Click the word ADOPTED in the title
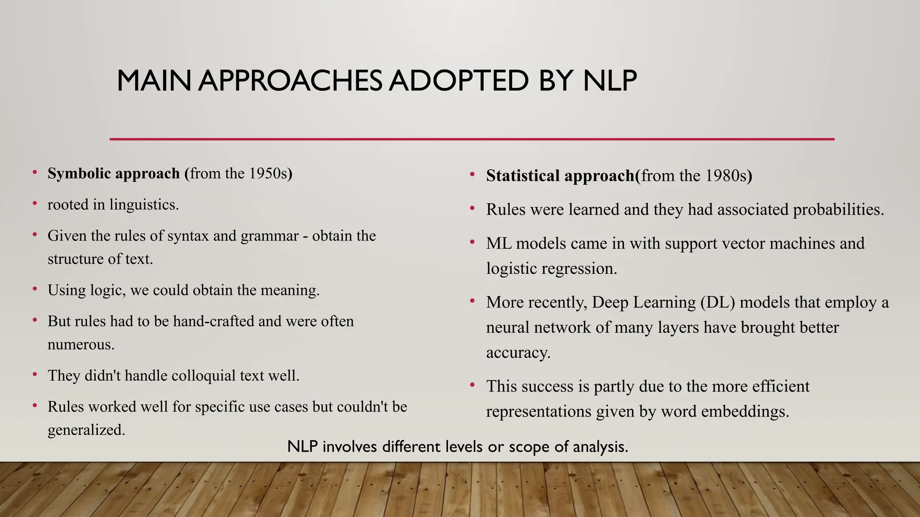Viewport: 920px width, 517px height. [458, 81]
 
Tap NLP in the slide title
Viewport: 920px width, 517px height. [610, 81]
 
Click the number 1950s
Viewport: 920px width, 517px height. [268, 173]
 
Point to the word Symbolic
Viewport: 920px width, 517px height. [77, 173]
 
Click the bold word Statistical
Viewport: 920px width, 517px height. [523, 175]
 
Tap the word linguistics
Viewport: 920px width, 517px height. [144, 205]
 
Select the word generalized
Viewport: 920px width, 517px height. [86, 430]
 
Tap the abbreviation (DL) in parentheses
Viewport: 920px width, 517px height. [717, 302]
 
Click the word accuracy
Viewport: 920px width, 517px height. [518, 353]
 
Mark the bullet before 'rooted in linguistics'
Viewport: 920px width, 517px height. [35, 204]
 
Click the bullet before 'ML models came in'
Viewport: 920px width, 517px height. [473, 242]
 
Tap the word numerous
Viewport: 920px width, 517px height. [81, 345]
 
